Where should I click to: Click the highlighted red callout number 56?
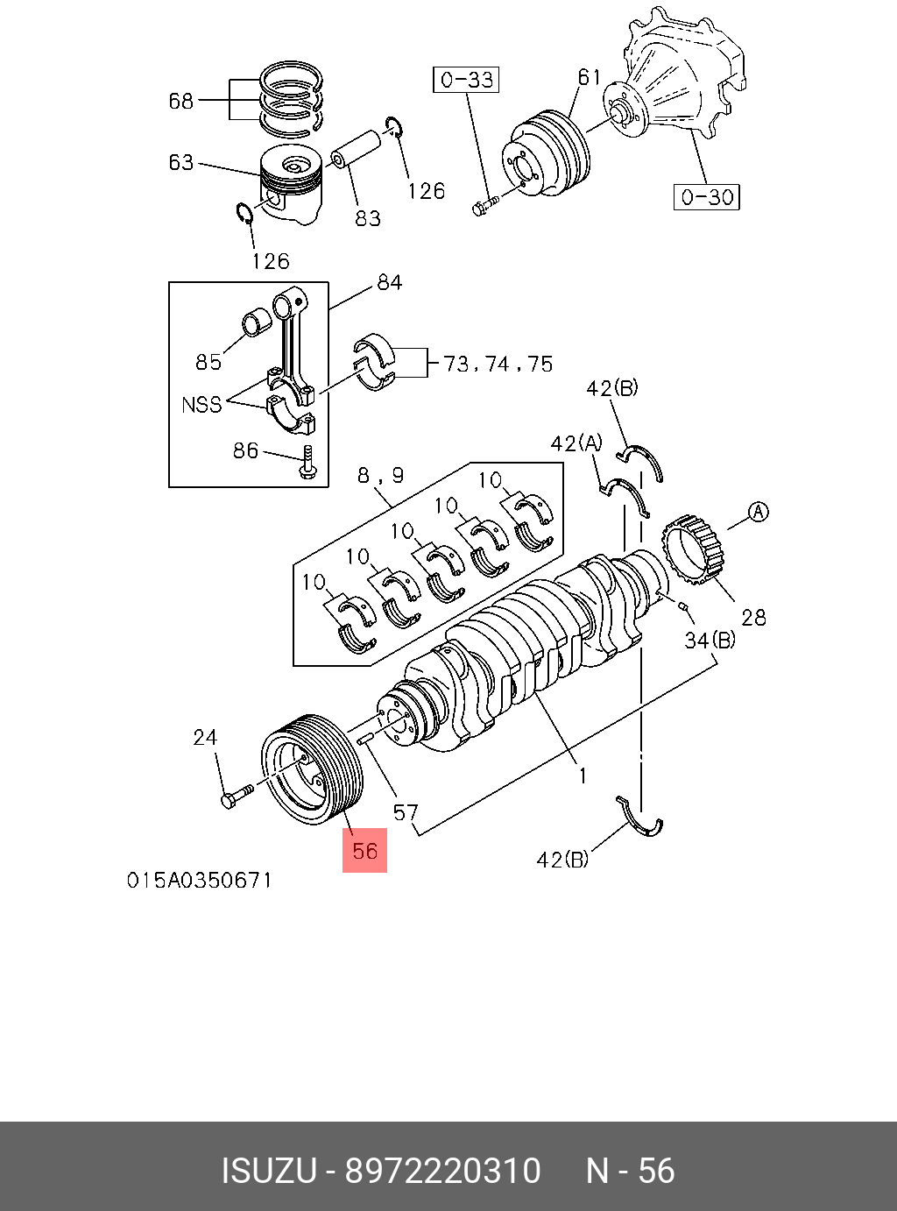(x=364, y=851)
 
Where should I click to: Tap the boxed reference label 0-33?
(x=467, y=80)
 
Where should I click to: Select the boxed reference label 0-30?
(x=707, y=196)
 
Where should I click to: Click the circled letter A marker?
(x=758, y=512)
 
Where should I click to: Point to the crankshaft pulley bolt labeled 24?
(x=235, y=797)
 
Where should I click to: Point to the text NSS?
(x=201, y=405)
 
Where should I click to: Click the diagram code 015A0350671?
(x=199, y=879)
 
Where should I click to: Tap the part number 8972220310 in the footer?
(x=442, y=1171)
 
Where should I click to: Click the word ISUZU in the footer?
(x=267, y=1171)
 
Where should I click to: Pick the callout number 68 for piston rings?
(x=180, y=101)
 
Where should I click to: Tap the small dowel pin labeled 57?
(x=366, y=740)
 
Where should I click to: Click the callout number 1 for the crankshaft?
(x=582, y=775)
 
